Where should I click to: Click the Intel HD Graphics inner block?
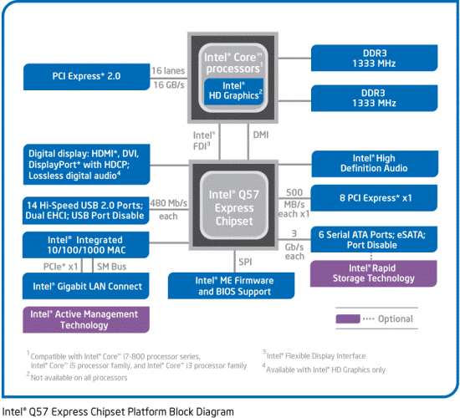(x=233, y=89)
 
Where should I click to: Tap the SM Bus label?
(x=113, y=266)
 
